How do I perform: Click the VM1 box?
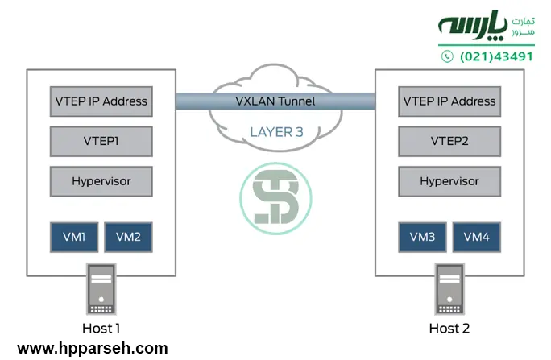click(75, 237)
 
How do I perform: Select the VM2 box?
click(128, 237)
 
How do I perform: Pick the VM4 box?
click(477, 237)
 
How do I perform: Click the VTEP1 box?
click(101, 141)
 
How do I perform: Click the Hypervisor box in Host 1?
click(101, 181)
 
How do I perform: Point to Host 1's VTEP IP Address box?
click(101, 101)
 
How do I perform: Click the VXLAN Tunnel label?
click(275, 101)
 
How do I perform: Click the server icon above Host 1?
click(101, 290)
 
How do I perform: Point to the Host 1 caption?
click(101, 328)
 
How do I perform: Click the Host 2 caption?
click(449, 328)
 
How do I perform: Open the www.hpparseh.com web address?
click(93, 348)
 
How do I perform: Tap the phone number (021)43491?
click(497, 56)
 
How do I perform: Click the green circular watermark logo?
click(275, 197)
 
